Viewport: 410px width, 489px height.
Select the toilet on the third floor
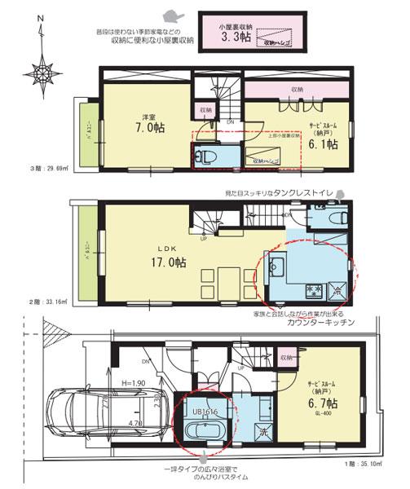(203, 156)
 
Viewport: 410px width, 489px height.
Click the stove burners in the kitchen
(314, 289)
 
